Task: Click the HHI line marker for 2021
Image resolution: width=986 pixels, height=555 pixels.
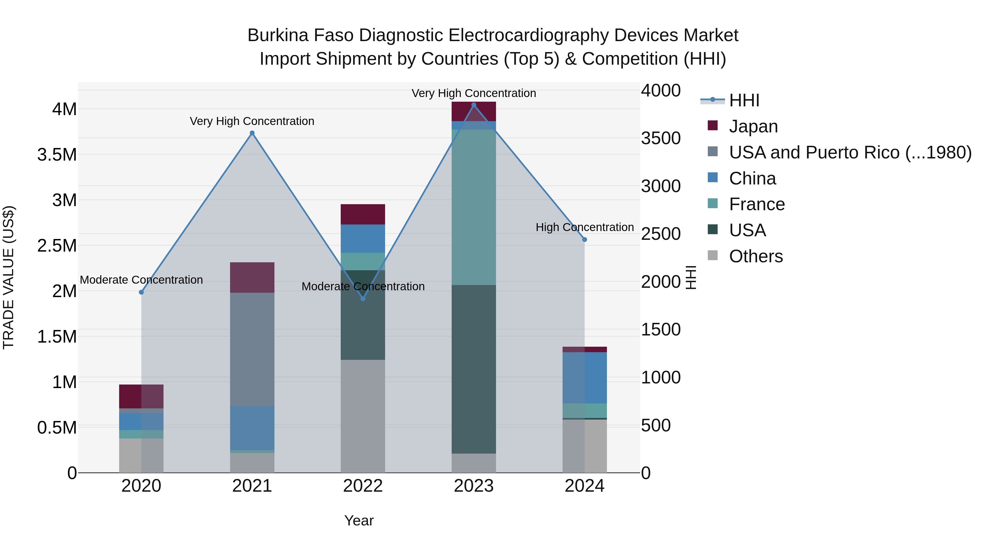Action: click(252, 133)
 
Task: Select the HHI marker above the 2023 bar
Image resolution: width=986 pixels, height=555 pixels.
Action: click(474, 105)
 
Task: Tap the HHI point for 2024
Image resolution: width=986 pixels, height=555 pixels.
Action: click(584, 240)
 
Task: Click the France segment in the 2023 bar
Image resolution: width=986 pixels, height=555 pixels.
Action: click(474, 207)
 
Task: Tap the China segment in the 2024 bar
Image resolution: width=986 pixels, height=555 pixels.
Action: click(584, 378)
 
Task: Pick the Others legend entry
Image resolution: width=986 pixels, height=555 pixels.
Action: click(756, 256)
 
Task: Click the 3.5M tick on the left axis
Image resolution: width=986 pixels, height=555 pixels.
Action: click(57, 155)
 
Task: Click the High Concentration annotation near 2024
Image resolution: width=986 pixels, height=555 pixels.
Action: click(584, 227)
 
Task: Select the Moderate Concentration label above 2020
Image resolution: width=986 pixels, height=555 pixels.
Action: click(141, 280)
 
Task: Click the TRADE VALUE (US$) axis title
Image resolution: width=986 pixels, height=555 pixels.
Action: click(8, 277)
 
